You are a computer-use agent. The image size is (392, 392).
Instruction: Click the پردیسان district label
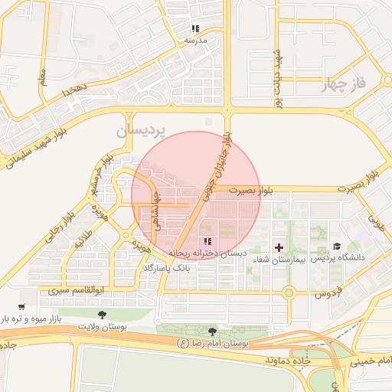click(x=140, y=132)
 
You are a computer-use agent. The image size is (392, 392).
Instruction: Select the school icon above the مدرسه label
click(x=195, y=29)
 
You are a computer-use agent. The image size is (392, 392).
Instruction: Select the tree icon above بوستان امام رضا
click(x=212, y=332)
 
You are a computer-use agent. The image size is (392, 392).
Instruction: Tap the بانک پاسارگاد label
click(x=164, y=269)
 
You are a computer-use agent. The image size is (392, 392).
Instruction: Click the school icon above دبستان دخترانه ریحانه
click(x=208, y=241)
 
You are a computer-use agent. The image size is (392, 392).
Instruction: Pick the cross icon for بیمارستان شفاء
click(x=279, y=247)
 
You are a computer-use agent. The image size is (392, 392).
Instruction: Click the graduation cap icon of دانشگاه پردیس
click(x=337, y=247)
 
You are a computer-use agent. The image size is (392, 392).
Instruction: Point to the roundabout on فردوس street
click(x=289, y=292)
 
